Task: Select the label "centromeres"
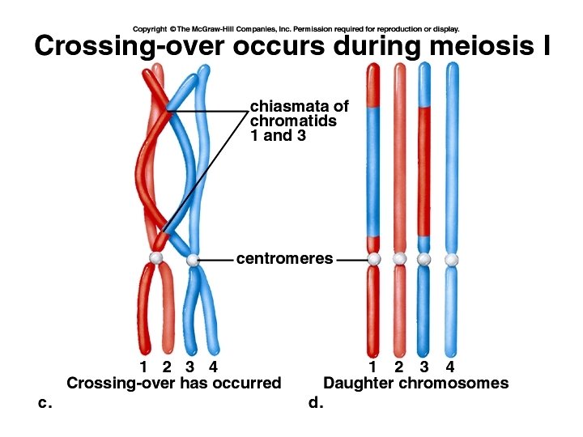(x=284, y=259)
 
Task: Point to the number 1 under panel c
(x=143, y=368)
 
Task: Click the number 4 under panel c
(x=213, y=368)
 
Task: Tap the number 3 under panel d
(x=424, y=368)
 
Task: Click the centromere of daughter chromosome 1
(x=373, y=259)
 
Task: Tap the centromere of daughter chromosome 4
(x=451, y=259)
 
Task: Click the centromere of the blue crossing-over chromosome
(x=193, y=261)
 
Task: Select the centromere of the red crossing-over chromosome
(x=155, y=257)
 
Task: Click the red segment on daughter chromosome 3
(x=424, y=170)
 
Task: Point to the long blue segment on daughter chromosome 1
(x=373, y=170)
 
